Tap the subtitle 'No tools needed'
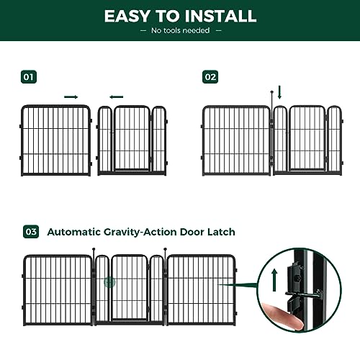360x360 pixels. point(179,30)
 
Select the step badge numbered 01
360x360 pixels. point(29,76)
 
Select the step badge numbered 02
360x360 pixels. point(210,76)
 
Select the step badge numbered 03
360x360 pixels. point(31,232)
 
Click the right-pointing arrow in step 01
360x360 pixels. point(71,96)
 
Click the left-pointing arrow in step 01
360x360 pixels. point(115,96)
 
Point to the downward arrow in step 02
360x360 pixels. point(280,92)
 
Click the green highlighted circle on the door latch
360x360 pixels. point(110,283)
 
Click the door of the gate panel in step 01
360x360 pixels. point(132,139)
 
